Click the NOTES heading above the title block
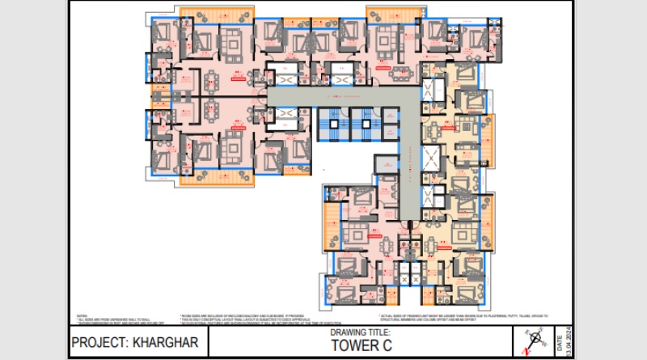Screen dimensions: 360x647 tap(82, 316)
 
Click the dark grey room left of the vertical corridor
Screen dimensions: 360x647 tap(382, 163)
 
